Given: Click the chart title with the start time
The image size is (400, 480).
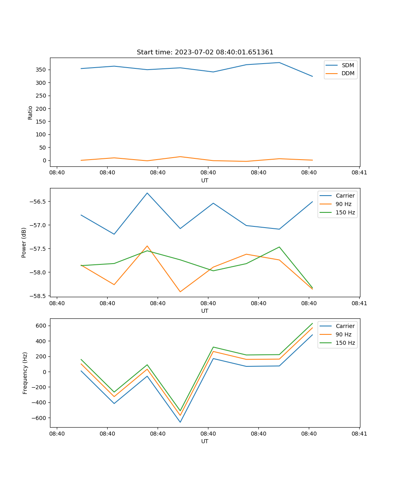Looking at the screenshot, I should click(x=205, y=52).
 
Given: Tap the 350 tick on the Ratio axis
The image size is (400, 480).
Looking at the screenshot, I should click(x=41, y=70).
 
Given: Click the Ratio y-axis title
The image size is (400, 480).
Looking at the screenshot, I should click(x=30, y=112).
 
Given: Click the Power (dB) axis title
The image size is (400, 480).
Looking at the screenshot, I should click(x=24, y=242).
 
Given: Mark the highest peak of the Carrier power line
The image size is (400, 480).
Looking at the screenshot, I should click(x=147, y=193).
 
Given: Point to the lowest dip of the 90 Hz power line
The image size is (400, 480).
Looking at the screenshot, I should click(x=180, y=292).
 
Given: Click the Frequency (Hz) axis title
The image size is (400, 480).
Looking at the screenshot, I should click(x=25, y=373).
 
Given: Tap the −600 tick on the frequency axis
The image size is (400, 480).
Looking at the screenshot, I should click(x=40, y=418).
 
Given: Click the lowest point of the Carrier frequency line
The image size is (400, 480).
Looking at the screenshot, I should click(x=180, y=422).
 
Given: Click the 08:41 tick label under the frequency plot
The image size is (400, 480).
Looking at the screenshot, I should click(x=359, y=434).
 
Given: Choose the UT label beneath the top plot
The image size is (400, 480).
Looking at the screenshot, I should click(x=205, y=180).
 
